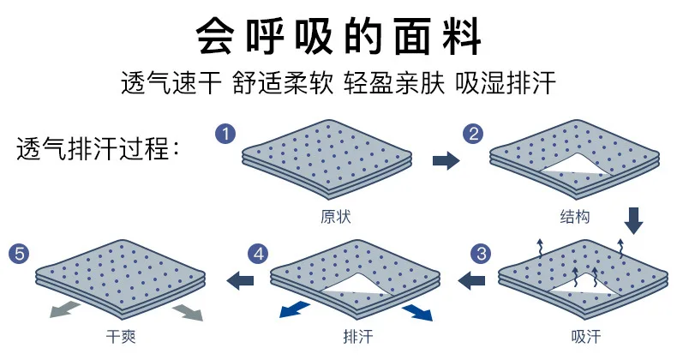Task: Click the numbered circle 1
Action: coord(225,135)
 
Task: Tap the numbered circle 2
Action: coord(473,135)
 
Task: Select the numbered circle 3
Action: coord(482,254)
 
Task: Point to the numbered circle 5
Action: coord(19,254)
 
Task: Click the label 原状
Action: coord(335,217)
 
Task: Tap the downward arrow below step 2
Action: coord(633,219)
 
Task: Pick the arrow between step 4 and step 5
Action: coord(241,278)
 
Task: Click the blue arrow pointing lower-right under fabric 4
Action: coord(418,311)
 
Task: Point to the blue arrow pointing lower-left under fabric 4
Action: coord(294,308)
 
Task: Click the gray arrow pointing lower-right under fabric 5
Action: coord(188,312)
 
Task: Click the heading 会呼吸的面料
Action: coord(338,36)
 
